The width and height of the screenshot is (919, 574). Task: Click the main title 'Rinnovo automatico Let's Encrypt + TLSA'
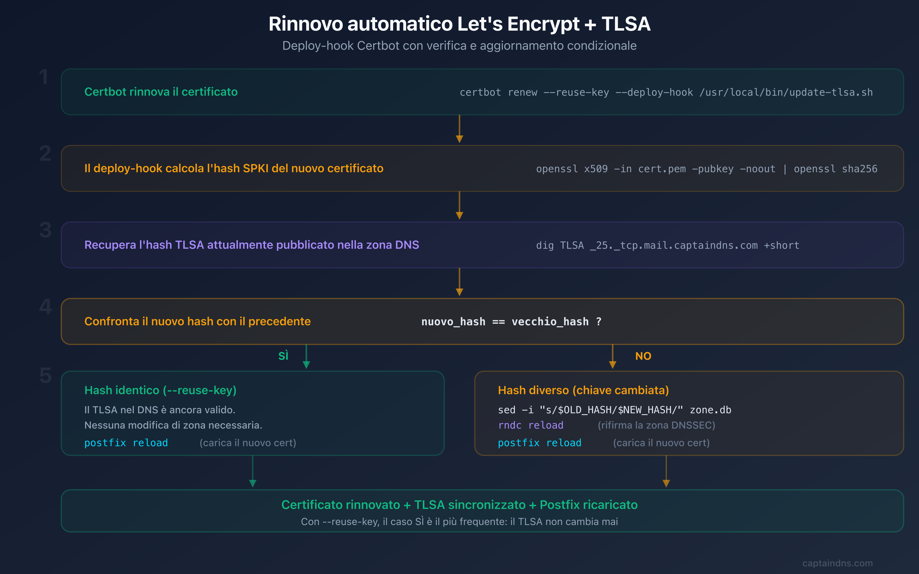(x=459, y=24)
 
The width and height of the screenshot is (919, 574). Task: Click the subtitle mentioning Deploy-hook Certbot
(x=459, y=46)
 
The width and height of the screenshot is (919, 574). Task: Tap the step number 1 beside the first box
(x=44, y=78)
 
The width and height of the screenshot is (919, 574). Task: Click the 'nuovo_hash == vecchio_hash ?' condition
(x=511, y=321)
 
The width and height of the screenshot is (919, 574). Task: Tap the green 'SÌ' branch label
(x=283, y=356)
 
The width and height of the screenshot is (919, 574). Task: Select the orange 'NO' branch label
(x=643, y=356)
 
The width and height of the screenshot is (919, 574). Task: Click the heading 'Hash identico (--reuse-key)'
(x=160, y=390)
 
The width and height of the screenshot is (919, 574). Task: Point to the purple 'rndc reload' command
(x=530, y=425)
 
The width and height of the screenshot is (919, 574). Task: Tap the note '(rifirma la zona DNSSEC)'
(x=656, y=425)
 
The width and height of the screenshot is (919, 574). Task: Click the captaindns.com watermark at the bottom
(x=837, y=563)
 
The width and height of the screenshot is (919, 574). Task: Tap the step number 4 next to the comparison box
(x=45, y=307)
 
